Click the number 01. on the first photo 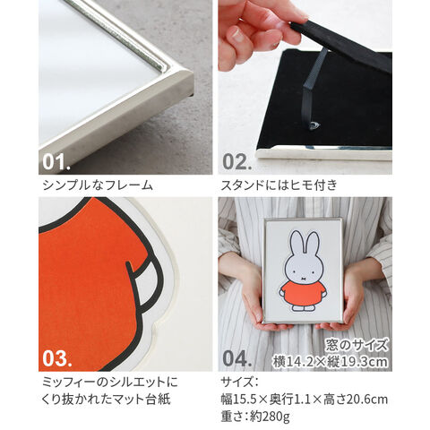point(56,161)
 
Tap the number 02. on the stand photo point(236,161)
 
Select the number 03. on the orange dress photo point(57,358)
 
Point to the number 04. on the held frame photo point(237,358)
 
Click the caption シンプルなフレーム point(98,185)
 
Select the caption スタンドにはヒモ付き point(279,185)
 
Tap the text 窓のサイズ point(357,346)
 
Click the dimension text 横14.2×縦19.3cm point(331,362)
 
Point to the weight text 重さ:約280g point(255,417)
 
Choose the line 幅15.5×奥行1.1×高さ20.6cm point(305,400)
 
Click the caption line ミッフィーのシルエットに point(110,382)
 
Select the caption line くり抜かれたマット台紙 point(107,400)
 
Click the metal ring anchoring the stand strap point(314,125)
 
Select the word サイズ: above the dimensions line point(239,382)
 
